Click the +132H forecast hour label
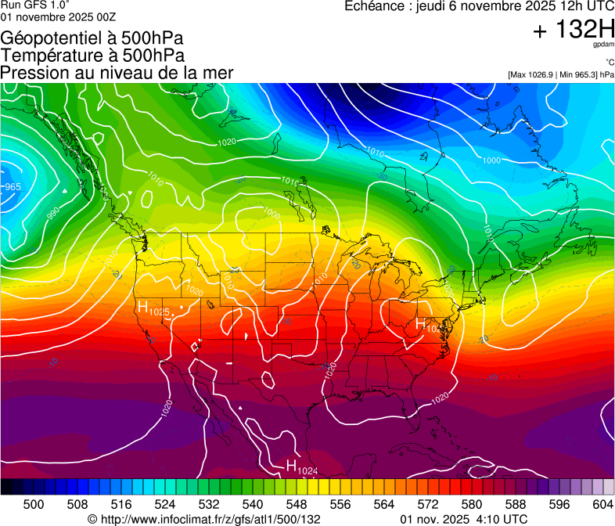point(574,31)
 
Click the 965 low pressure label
point(13,187)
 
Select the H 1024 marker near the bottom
point(301,467)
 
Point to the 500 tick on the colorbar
point(34,504)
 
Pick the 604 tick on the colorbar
point(602,504)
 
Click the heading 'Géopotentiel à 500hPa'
point(92,38)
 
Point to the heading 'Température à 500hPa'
point(92,55)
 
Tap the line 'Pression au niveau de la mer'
point(117,72)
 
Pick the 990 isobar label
point(52,213)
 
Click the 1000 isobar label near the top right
point(491,160)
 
